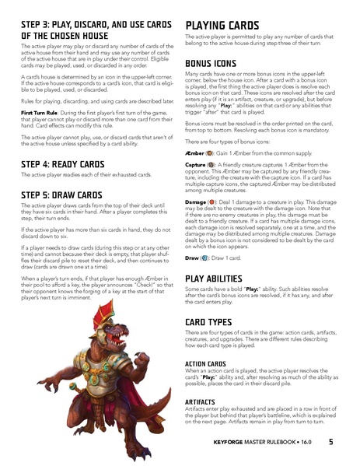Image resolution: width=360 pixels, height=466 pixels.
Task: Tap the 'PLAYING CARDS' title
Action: (x=226, y=26)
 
